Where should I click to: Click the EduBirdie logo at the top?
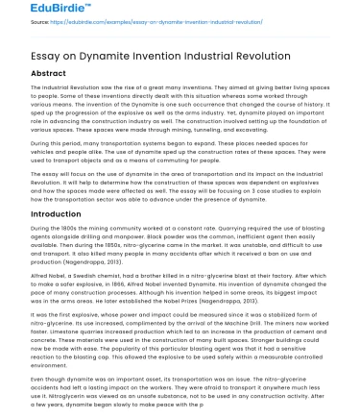36,11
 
